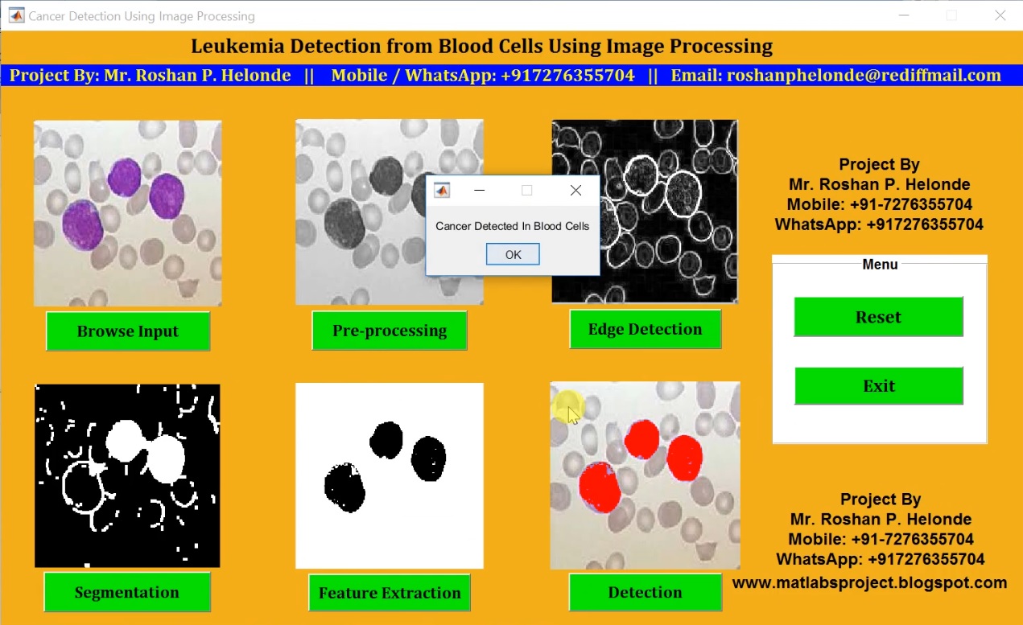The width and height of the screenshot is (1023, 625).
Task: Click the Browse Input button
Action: tap(128, 331)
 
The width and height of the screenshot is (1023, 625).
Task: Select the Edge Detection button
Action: tap(645, 329)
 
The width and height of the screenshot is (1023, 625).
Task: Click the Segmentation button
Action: tap(127, 593)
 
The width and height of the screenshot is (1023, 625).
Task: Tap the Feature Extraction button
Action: tap(390, 594)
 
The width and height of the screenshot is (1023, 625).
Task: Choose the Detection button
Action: tap(645, 593)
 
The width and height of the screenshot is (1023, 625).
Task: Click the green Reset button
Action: tap(878, 317)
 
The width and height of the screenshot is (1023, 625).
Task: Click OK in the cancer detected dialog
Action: tap(513, 254)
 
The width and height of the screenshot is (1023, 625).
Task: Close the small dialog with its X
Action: tap(575, 191)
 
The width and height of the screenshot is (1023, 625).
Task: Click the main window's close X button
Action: tap(1000, 15)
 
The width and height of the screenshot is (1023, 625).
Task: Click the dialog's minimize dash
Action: tap(480, 191)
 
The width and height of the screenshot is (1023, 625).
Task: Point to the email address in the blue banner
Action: tap(864, 76)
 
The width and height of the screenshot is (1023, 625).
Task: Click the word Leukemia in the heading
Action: tap(237, 47)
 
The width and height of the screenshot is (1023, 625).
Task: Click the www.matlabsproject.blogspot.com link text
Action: tap(869, 582)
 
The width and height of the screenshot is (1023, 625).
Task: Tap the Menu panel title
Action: tap(880, 264)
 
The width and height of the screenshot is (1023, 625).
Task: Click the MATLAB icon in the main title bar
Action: tap(16, 15)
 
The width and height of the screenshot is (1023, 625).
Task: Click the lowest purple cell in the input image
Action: tap(82, 224)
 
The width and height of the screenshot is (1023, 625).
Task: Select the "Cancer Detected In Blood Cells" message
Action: tap(513, 226)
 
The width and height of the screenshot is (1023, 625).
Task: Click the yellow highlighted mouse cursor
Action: tap(569, 409)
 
